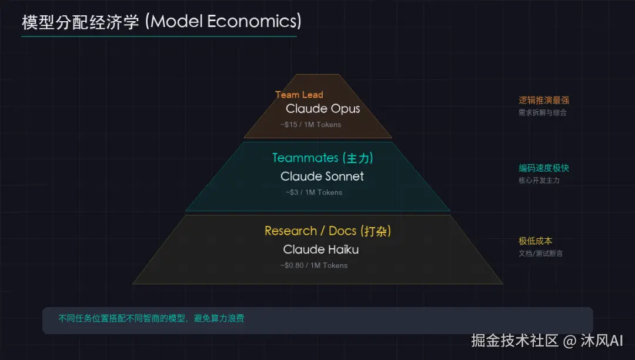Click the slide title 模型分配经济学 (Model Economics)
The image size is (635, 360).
click(x=161, y=22)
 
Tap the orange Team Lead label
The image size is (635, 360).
click(x=299, y=95)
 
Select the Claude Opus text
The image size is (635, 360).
click(x=322, y=109)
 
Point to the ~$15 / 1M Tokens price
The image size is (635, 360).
click(x=310, y=125)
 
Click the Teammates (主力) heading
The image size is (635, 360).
click(x=322, y=158)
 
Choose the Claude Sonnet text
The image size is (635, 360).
click(x=322, y=176)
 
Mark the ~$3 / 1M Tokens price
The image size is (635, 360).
click(x=313, y=192)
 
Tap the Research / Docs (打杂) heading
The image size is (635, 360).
click(x=327, y=231)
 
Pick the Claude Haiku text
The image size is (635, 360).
click(x=320, y=249)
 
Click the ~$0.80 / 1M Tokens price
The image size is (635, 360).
click(x=313, y=265)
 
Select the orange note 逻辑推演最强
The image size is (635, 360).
click(x=543, y=101)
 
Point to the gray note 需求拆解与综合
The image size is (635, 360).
click(x=542, y=112)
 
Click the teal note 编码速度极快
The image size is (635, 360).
click(x=543, y=168)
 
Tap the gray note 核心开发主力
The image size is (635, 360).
click(x=539, y=181)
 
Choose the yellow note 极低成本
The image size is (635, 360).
click(x=535, y=241)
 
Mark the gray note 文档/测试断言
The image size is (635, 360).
click(x=540, y=254)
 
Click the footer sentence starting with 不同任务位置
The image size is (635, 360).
click(x=151, y=319)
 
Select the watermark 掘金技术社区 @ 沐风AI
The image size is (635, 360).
click(x=547, y=341)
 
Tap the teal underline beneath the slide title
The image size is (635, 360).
click(x=159, y=36)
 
